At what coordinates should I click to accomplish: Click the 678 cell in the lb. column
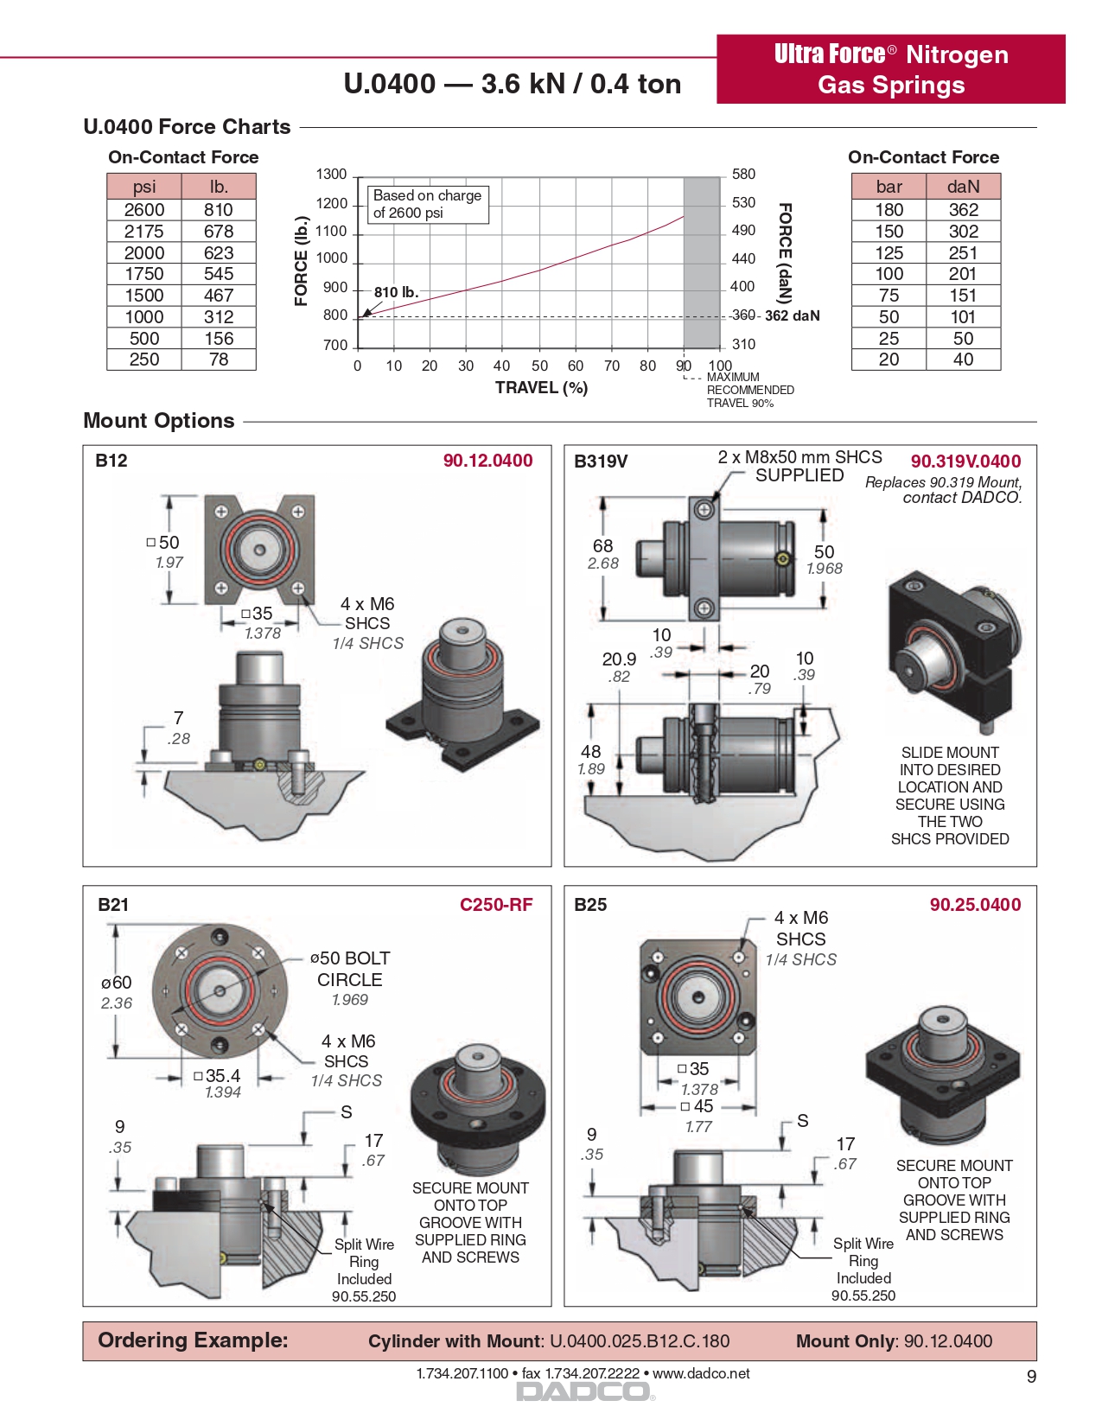point(219,232)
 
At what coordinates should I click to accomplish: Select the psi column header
point(144,187)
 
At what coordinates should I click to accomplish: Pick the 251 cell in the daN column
point(963,253)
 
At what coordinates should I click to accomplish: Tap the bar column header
point(889,187)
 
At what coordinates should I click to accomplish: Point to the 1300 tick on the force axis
point(331,175)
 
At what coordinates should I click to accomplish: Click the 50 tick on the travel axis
point(540,366)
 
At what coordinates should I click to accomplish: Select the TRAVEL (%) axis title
point(541,388)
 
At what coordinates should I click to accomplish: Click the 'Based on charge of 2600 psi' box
point(428,205)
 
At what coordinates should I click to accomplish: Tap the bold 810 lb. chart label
point(396,293)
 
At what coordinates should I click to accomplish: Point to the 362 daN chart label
point(792,316)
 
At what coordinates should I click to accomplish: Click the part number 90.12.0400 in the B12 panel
point(487,462)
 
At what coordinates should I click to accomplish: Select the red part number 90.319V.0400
point(965,462)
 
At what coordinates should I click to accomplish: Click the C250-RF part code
point(496,905)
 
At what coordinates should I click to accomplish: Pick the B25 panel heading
point(590,905)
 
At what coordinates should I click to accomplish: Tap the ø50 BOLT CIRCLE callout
point(350,970)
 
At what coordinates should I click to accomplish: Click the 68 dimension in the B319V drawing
point(602,546)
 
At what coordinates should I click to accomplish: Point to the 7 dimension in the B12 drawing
point(178,718)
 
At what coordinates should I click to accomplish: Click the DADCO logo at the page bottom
point(583,1391)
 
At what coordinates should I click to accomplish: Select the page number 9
point(1031,1377)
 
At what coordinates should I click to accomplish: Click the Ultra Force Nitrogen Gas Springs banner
point(891,69)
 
